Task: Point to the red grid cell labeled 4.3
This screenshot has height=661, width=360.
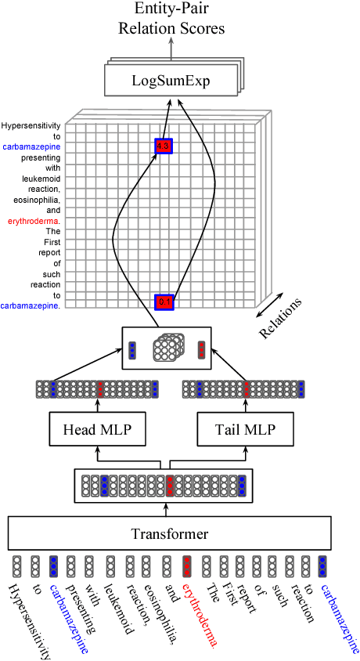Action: [163, 146]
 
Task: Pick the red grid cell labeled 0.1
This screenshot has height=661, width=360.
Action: [164, 302]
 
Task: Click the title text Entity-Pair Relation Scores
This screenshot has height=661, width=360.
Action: [171, 20]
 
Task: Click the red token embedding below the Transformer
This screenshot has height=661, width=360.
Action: [187, 566]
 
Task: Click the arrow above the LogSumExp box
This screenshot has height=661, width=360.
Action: [171, 49]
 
